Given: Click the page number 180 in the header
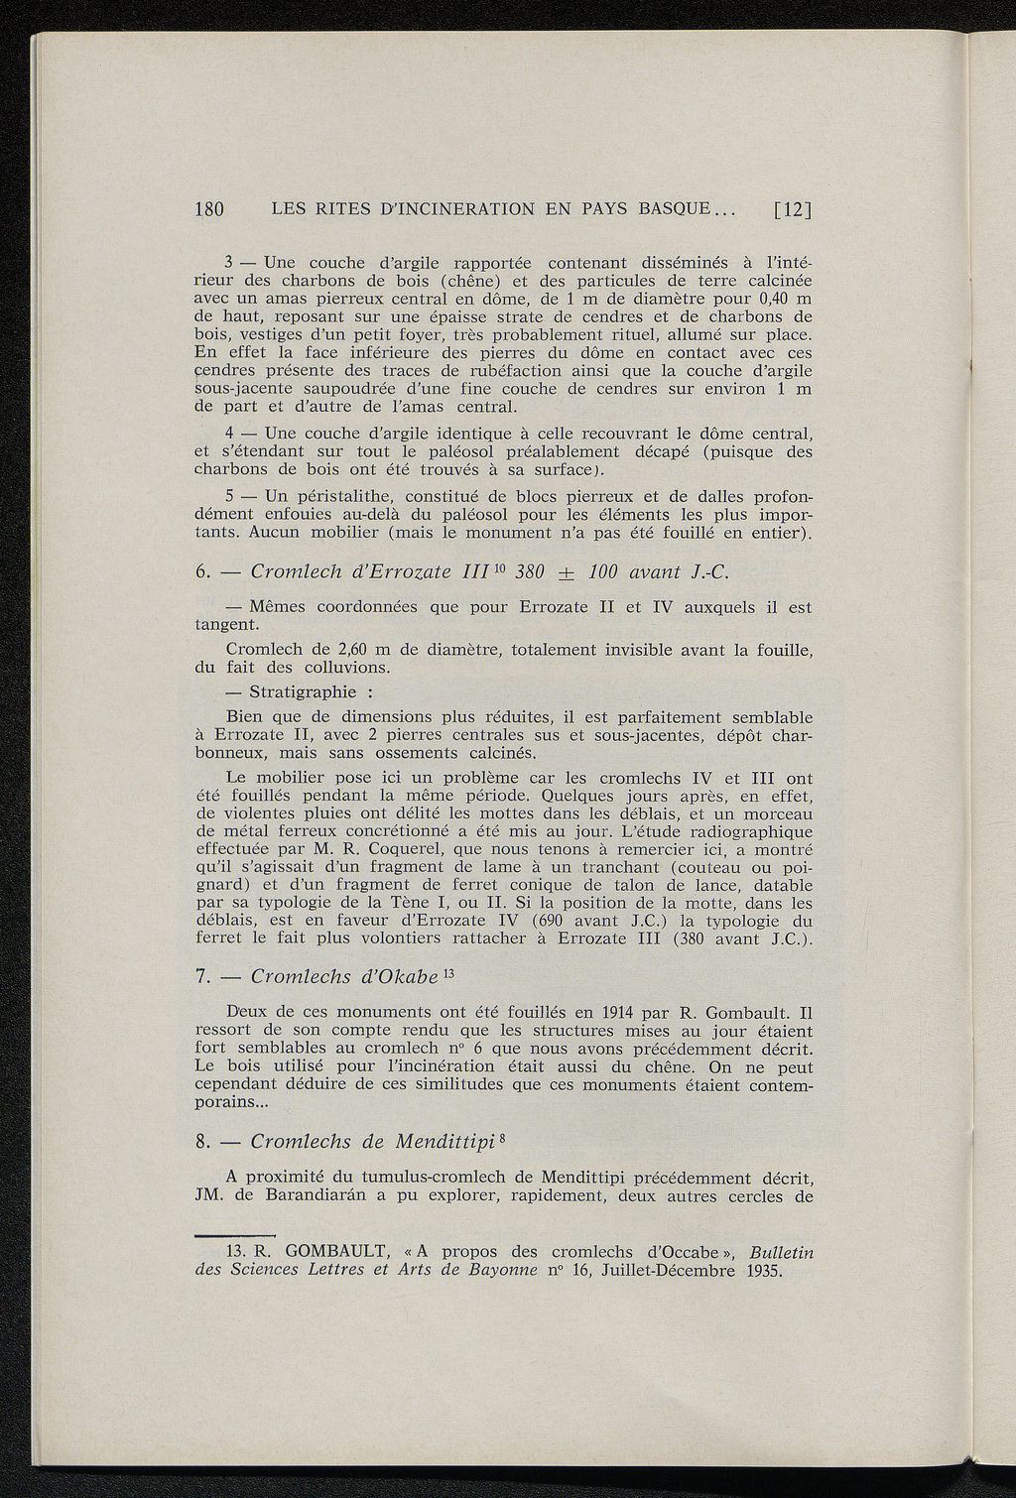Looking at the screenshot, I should coord(210,210).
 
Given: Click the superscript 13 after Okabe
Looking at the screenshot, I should coord(447,971).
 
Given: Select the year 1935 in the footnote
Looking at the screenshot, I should coord(763,1271).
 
